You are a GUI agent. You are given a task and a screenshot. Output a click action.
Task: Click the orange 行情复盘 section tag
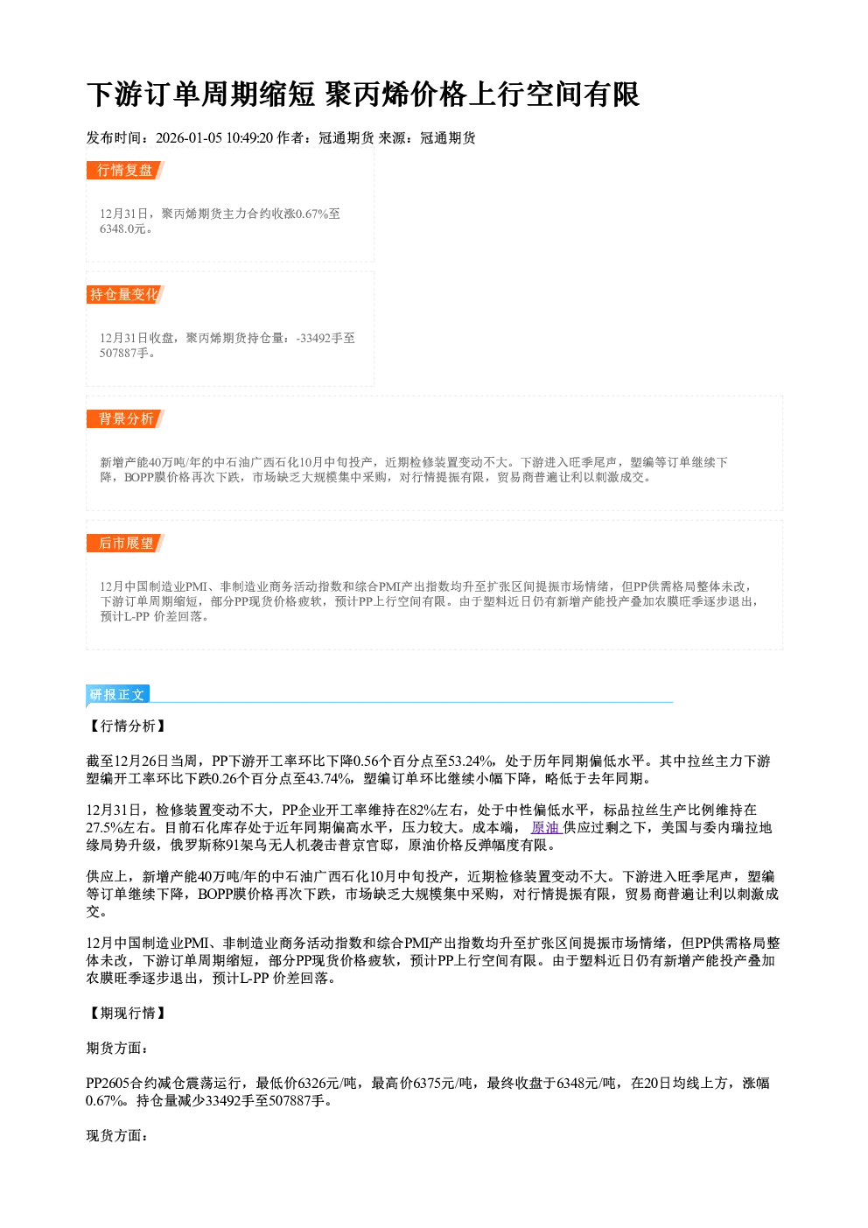(125, 170)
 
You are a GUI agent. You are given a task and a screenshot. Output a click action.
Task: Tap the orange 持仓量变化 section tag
(125, 294)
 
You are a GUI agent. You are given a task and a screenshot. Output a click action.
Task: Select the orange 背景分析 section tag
(125, 419)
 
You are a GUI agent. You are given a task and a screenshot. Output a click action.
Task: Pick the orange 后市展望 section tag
(125, 544)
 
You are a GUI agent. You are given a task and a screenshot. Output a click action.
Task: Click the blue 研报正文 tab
(117, 695)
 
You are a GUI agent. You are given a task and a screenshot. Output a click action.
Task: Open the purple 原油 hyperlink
(546, 827)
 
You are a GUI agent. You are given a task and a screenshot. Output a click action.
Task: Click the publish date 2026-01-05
(189, 137)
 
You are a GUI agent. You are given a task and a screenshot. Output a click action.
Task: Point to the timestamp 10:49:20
(249, 137)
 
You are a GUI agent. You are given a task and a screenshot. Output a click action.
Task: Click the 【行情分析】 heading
(127, 726)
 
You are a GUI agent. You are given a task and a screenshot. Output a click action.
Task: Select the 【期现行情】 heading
(127, 1013)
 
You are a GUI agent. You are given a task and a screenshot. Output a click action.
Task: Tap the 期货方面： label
(117, 1049)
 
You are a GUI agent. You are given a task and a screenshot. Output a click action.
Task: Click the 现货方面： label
(117, 1136)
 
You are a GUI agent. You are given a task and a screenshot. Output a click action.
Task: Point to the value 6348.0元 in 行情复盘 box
(122, 228)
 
